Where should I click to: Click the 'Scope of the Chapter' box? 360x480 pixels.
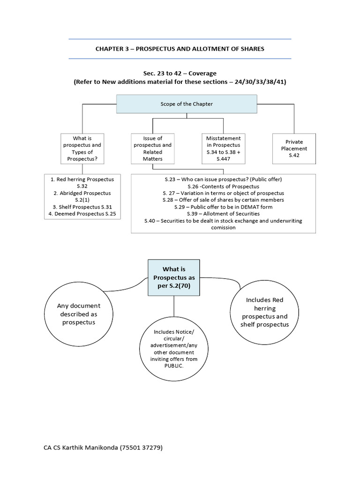tap(187, 104)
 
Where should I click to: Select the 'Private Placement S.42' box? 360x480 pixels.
tap(294, 148)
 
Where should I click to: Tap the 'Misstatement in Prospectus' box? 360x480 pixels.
tap(224, 148)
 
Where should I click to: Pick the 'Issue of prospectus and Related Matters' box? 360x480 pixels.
tap(152, 148)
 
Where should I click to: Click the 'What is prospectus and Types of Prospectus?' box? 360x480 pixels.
tap(82, 148)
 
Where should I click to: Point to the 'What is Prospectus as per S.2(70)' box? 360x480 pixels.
tap(174, 277)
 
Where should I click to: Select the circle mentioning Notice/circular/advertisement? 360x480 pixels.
tap(174, 349)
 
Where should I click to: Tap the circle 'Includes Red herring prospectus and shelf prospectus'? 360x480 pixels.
tap(264, 312)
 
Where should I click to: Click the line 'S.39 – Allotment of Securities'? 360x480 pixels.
tap(223, 213)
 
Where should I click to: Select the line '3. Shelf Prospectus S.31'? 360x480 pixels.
tap(82, 207)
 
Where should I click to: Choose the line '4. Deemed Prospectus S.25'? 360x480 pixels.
tap(82, 214)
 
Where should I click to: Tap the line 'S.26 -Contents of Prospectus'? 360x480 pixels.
tap(223, 186)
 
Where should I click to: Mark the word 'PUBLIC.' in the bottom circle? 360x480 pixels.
tap(174, 366)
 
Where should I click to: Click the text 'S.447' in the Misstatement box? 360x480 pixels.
tap(224, 158)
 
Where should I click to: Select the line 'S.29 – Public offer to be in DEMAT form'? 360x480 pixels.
tap(223, 207)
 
